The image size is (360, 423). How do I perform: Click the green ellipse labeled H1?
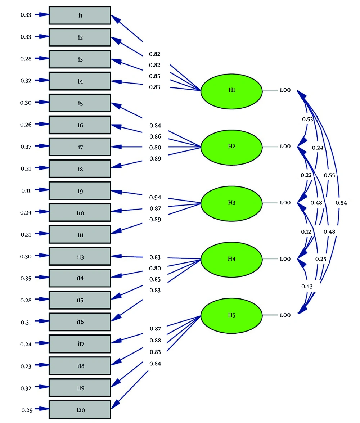[x=231, y=91]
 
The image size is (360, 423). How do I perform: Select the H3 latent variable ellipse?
[x=231, y=204]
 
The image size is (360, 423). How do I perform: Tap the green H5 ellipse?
[x=231, y=316]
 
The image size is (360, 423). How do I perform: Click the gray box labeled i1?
[x=80, y=15]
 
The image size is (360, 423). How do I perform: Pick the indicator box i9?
[x=80, y=191]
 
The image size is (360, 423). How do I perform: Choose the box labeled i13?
[x=80, y=256]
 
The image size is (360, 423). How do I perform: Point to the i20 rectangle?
[x=80, y=410]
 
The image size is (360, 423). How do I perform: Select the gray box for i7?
[x=80, y=147]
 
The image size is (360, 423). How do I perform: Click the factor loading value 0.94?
[x=155, y=198]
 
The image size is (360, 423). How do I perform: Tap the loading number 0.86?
[x=156, y=136]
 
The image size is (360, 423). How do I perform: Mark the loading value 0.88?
[x=156, y=341]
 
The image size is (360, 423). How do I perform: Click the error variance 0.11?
[x=26, y=191]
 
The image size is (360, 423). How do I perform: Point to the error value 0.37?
[x=26, y=147]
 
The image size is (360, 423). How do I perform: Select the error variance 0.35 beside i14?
[x=26, y=278]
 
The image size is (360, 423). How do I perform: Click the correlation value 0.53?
[x=308, y=119]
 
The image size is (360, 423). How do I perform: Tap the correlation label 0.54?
[x=341, y=203]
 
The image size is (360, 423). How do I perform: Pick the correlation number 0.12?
[x=306, y=232]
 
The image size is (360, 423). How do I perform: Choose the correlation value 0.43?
[x=307, y=287]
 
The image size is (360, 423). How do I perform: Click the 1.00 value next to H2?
[x=285, y=147]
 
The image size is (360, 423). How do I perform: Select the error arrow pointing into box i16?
[x=42, y=321]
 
